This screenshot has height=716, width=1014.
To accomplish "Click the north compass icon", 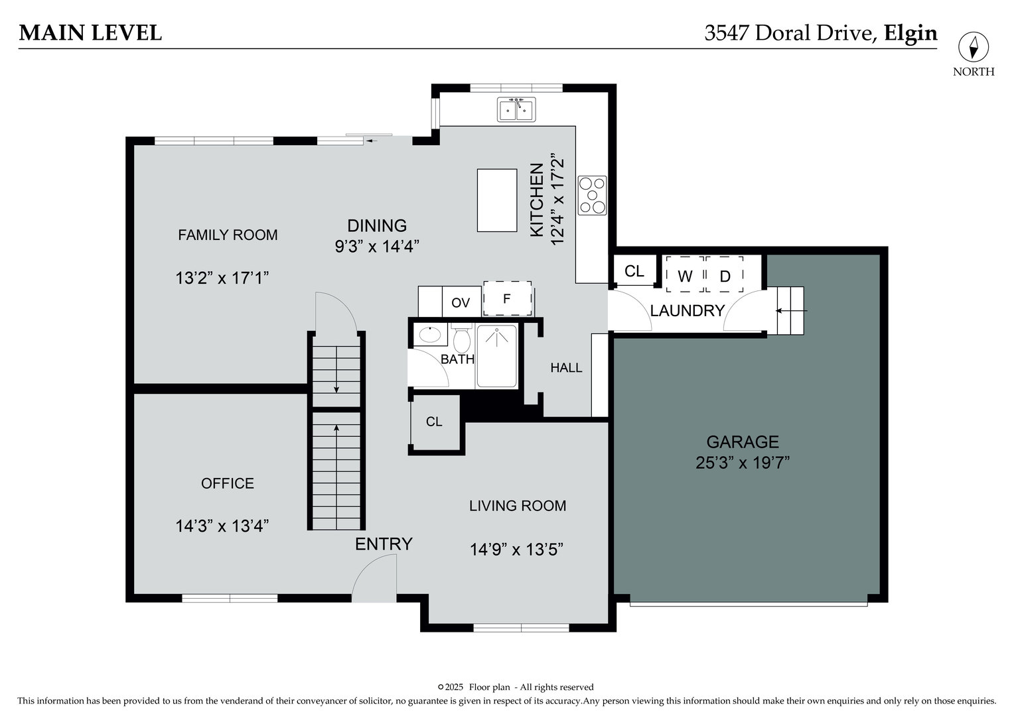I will point(974,47).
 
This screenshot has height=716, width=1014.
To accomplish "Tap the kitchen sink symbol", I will point(517,109).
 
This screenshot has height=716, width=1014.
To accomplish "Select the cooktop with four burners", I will point(592,196).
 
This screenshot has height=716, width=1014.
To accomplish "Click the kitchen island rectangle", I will point(497,200).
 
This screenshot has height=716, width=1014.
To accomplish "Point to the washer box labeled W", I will point(685,275).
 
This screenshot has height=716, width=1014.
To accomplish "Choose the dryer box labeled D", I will point(725,275).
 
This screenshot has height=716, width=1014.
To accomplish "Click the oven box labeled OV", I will point(461,303).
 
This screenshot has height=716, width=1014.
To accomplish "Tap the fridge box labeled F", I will point(507,298).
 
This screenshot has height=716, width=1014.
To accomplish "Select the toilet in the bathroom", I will point(462,340).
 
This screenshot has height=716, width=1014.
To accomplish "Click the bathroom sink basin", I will point(431,335).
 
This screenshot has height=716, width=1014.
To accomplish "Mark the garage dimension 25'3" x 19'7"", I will point(742,463).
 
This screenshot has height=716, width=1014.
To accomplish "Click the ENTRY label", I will point(384,544).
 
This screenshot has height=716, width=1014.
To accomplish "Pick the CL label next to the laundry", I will point(634,271).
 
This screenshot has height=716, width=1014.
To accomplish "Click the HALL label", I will point(566,368).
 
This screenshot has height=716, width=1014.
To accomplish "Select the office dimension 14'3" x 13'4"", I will point(222,526).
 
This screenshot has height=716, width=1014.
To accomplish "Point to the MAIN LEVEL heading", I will point(90,32).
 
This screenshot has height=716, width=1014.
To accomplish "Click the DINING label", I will point(377,225).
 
